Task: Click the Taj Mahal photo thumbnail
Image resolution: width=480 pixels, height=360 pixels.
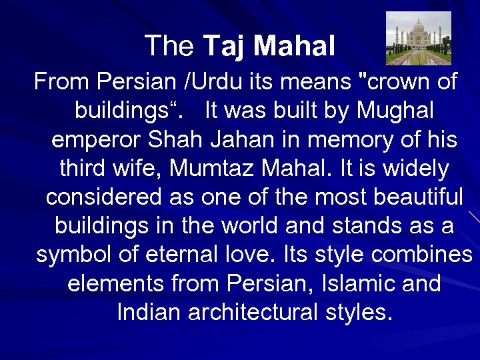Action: click(x=418, y=38)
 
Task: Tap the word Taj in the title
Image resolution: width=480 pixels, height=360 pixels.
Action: click(x=225, y=46)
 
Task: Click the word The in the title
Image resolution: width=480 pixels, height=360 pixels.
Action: click(x=169, y=46)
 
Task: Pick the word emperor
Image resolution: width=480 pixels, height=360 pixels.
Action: click(x=97, y=140)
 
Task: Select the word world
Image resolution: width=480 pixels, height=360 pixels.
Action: click(x=246, y=225)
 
